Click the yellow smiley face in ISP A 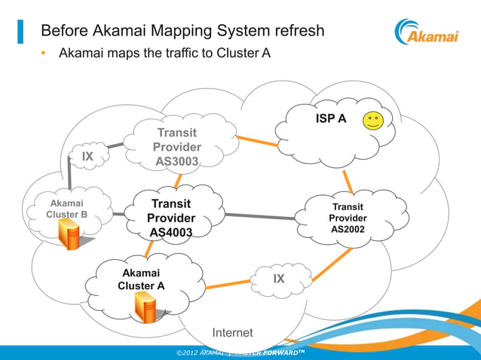(x=372, y=121)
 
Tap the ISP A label (x=330, y=119)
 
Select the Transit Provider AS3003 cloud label (x=177, y=147)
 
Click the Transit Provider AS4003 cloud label (x=171, y=218)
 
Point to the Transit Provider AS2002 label (x=348, y=218)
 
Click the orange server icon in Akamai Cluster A (x=145, y=304)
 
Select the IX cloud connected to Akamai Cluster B (x=88, y=157)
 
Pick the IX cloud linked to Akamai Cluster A (x=278, y=279)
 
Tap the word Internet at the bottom (x=232, y=333)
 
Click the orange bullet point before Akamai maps (x=44, y=53)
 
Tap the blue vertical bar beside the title (x=20, y=32)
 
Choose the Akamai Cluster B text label (x=67, y=209)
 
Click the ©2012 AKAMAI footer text (x=199, y=352)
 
